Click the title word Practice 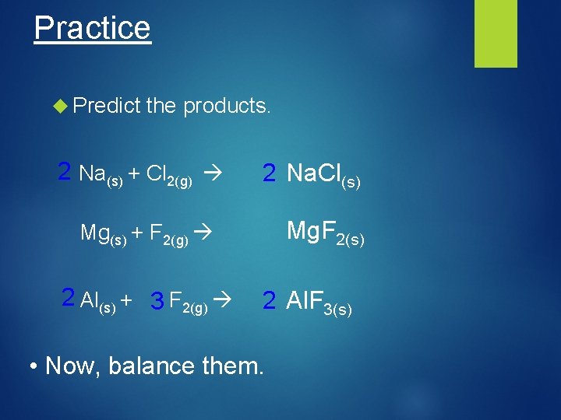(x=92, y=28)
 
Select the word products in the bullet (x=226, y=106)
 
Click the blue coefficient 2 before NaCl (x=269, y=173)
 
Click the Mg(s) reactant (x=104, y=233)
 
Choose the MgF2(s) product (x=325, y=233)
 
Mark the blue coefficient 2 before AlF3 (x=269, y=300)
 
